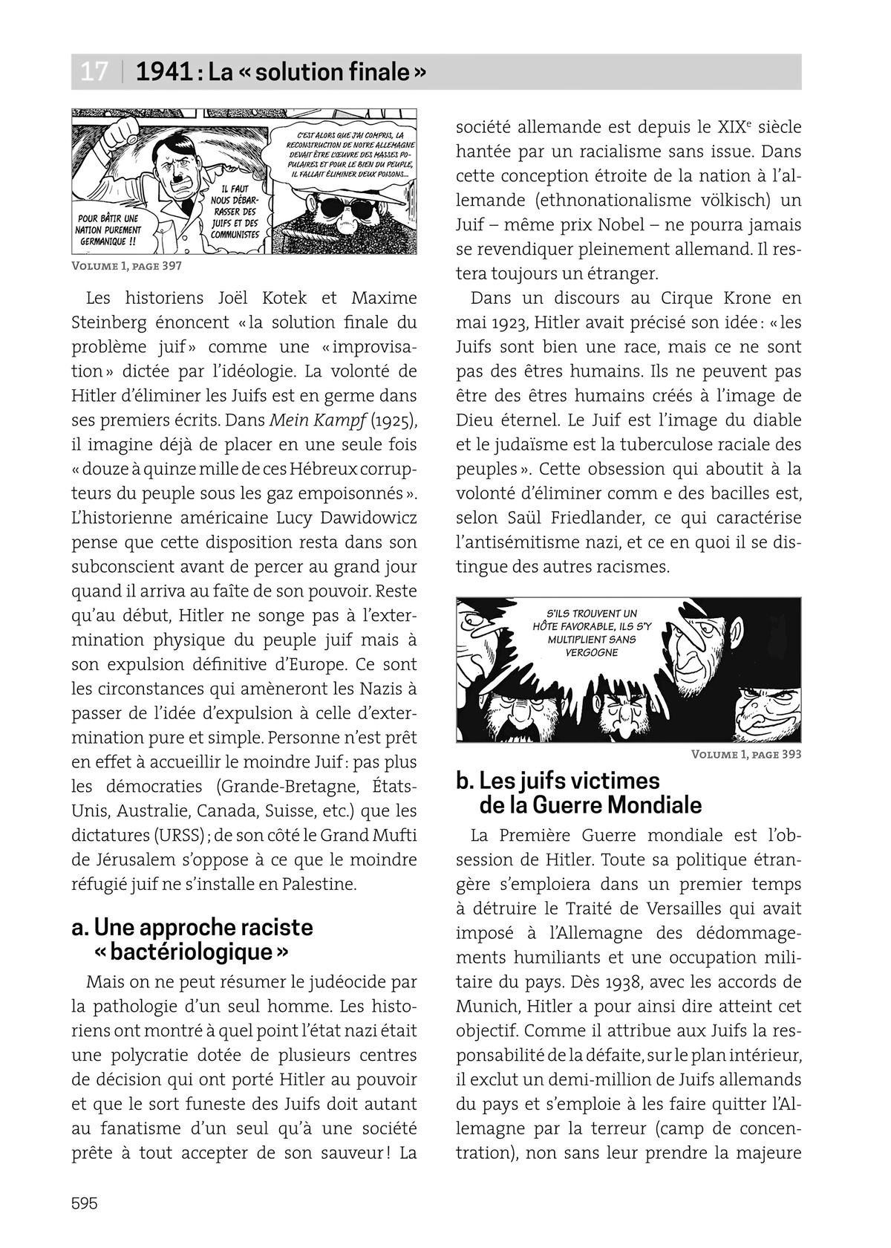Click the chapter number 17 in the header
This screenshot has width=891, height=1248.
94,72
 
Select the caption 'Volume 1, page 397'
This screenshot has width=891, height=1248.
127,265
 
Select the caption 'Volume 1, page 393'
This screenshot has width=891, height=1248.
745,753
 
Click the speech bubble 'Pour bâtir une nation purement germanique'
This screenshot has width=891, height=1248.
108,230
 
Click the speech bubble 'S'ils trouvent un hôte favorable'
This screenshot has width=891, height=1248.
591,632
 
